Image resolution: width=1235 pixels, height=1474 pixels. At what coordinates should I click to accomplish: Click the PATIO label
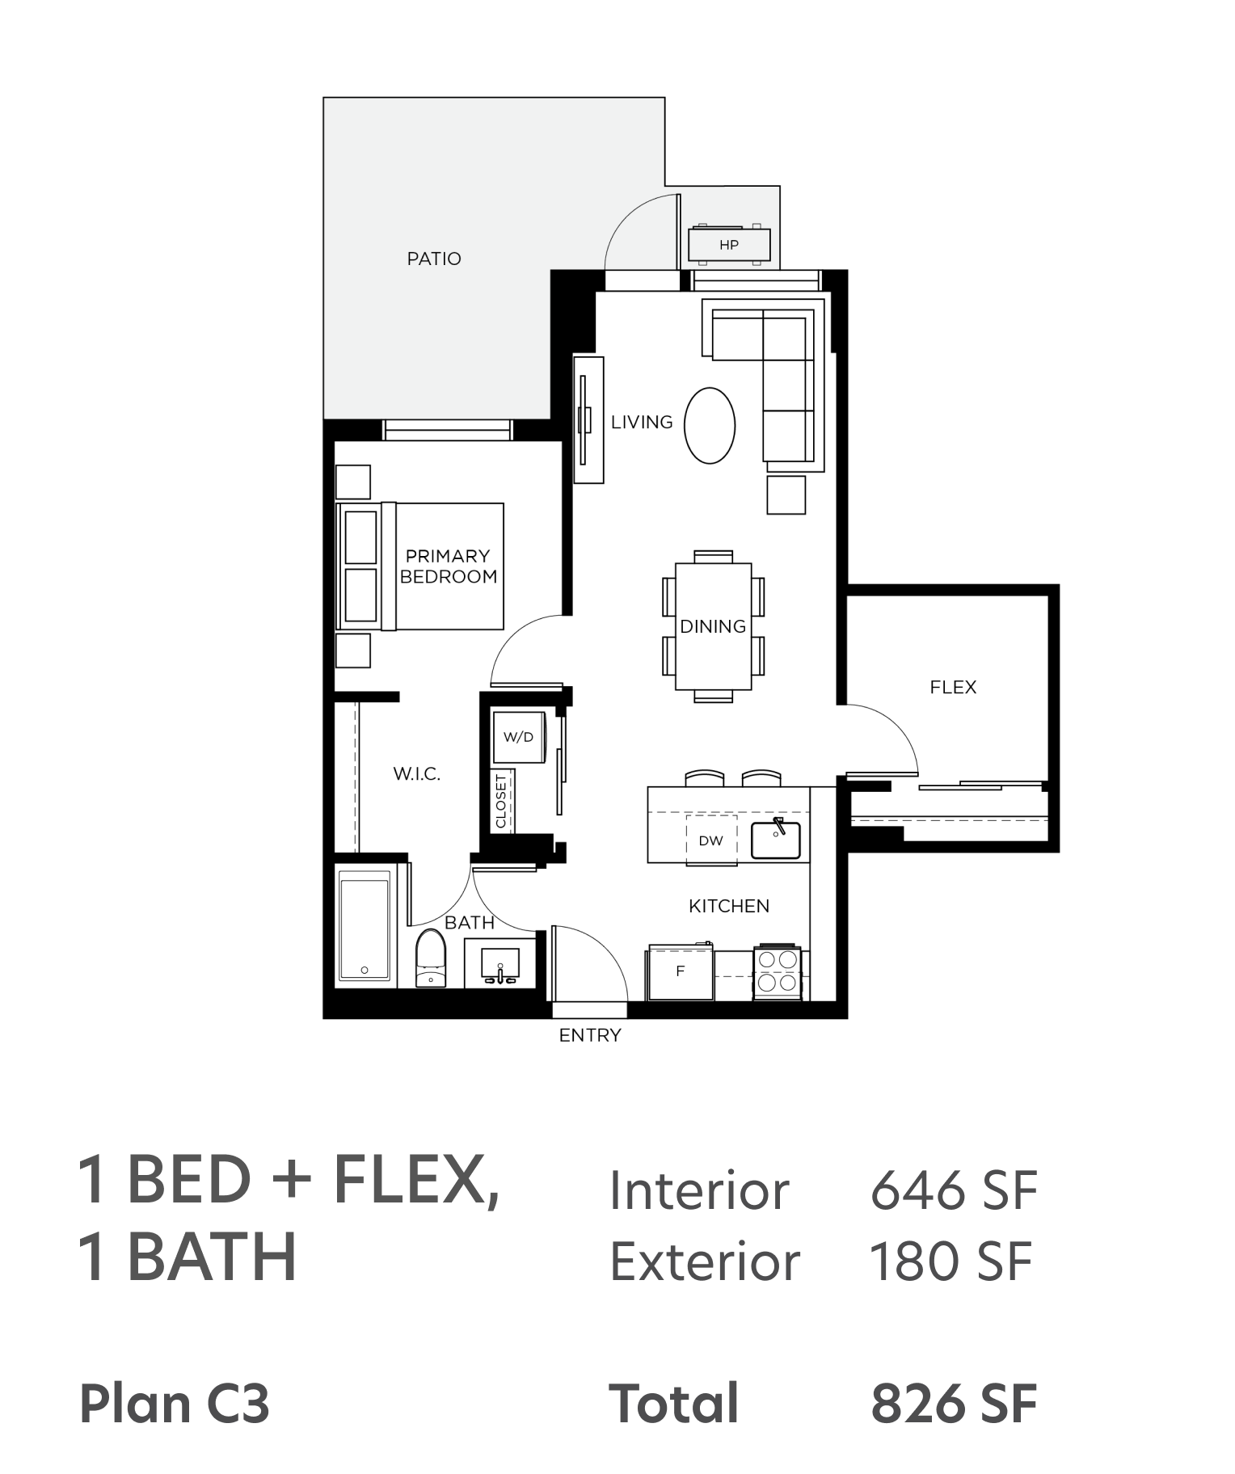point(434,259)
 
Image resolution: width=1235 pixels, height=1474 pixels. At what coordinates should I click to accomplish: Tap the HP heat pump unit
point(729,244)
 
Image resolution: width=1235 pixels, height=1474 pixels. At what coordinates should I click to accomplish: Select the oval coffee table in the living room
point(710,426)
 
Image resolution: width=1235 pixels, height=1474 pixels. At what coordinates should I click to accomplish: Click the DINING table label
point(713,626)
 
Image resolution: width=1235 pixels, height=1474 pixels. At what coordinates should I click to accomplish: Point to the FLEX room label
point(953,687)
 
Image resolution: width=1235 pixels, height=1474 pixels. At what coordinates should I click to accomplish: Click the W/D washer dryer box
point(519,737)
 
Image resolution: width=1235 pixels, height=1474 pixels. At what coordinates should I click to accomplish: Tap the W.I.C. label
point(417,773)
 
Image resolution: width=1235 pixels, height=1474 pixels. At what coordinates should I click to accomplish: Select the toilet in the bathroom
point(431,958)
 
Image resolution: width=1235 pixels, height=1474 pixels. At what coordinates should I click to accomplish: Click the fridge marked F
point(680,971)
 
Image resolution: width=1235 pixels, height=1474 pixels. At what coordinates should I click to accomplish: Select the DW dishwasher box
point(711,840)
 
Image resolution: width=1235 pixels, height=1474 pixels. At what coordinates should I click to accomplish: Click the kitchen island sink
point(776,840)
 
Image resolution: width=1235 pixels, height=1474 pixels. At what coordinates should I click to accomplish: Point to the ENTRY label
point(590,1035)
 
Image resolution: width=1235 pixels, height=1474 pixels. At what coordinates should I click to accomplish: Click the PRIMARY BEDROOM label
point(449,566)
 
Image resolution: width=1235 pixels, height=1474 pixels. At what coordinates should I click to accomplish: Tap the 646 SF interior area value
point(954,1190)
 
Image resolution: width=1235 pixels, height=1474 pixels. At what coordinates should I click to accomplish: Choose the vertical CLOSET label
point(501,801)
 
